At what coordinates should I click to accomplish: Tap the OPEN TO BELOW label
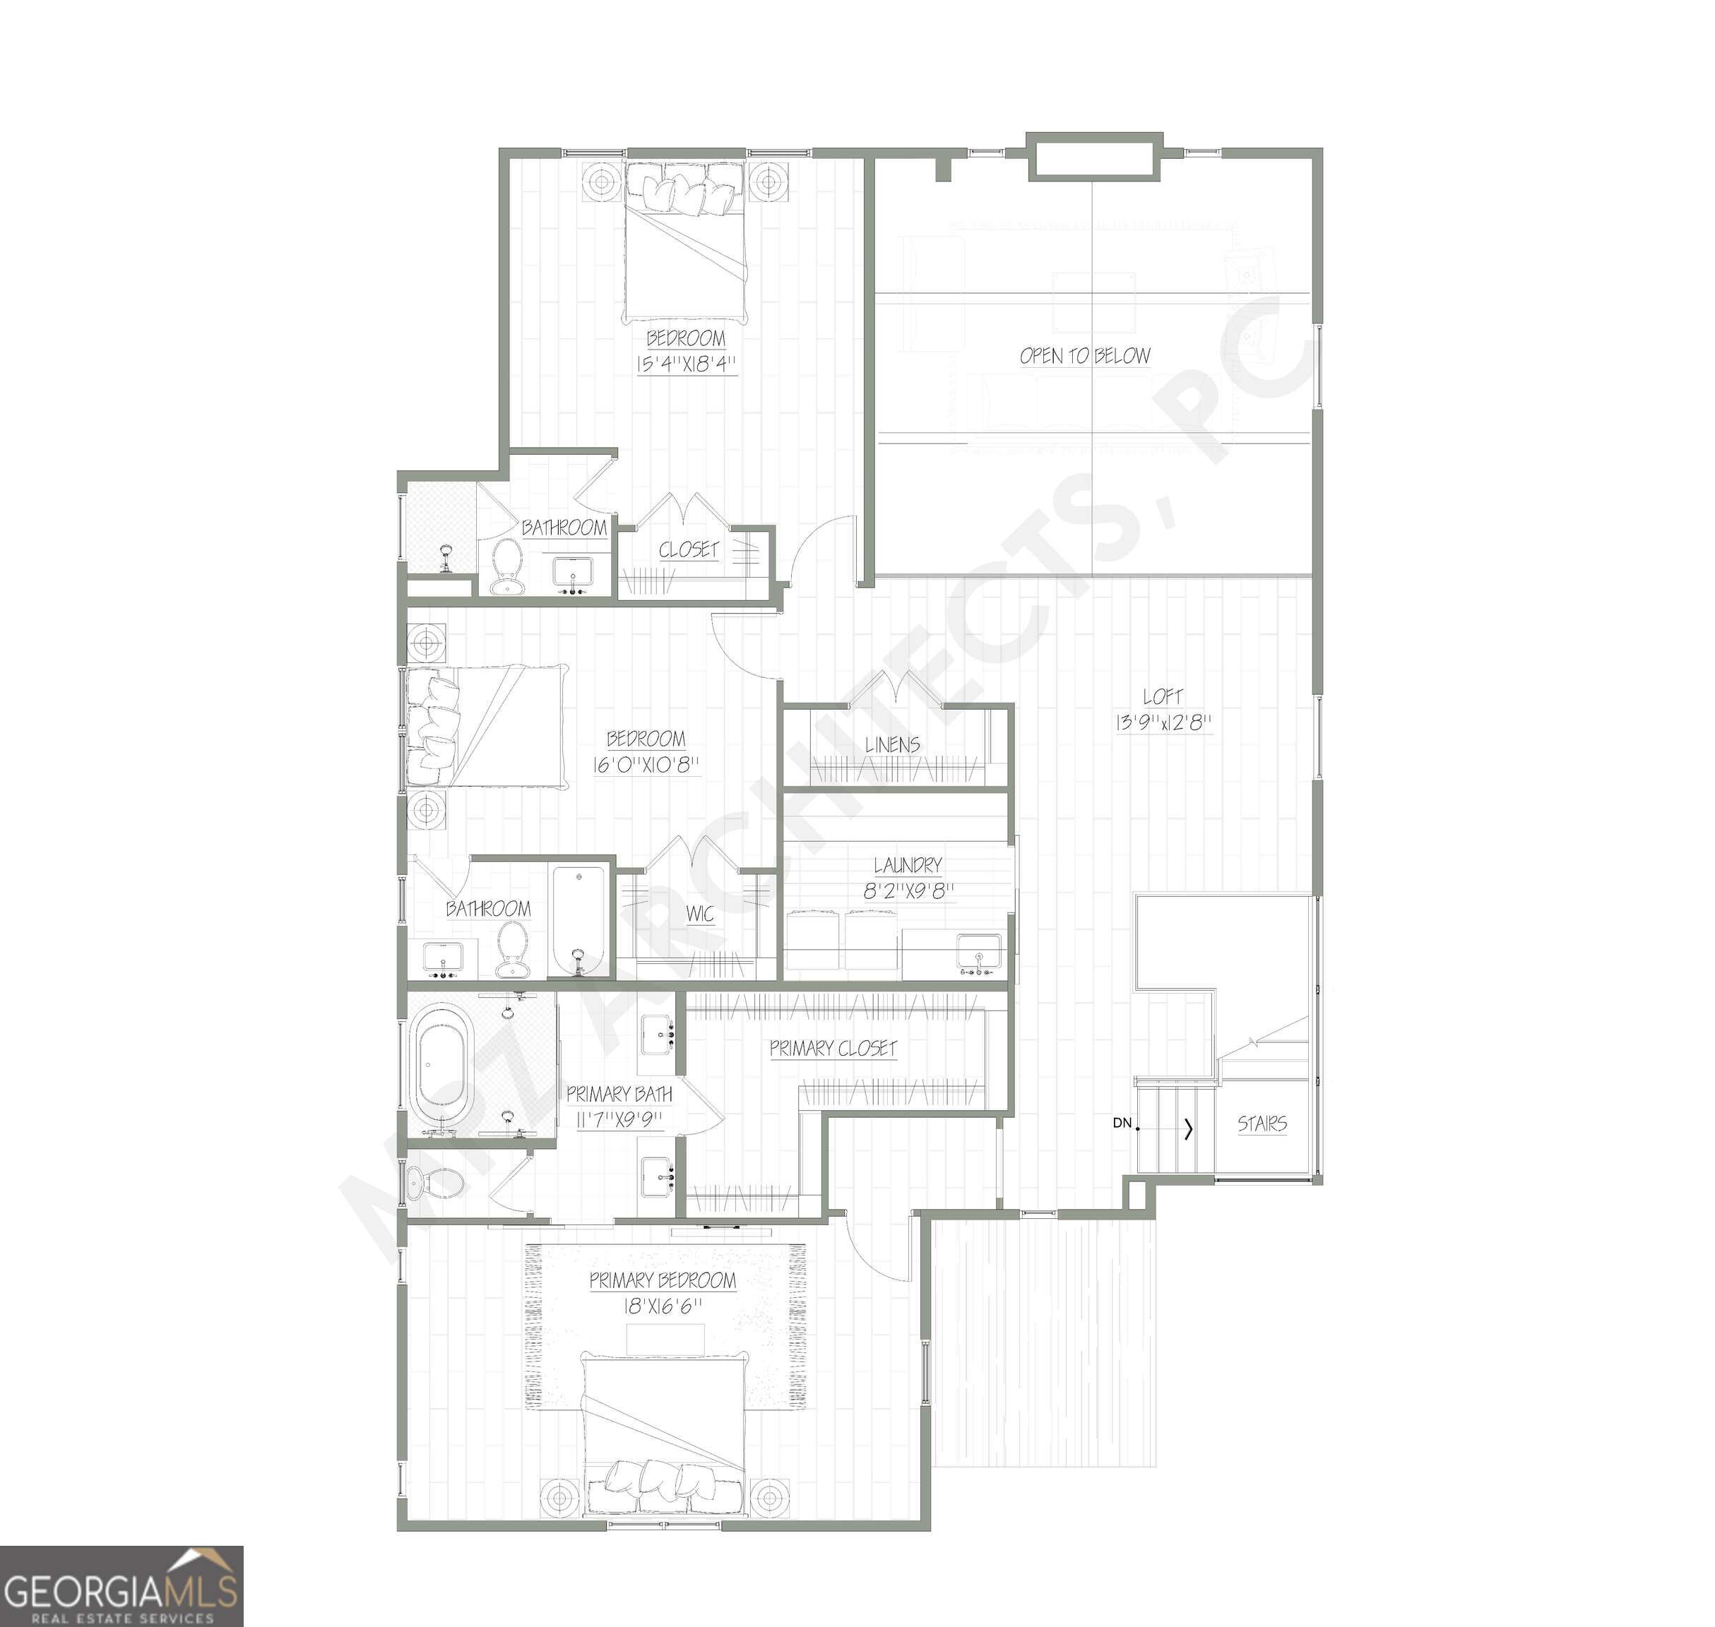click(1084, 356)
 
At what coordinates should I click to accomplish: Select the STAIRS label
click(1262, 1124)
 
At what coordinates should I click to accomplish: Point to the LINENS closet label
click(892, 745)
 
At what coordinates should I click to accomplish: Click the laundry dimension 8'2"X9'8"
click(908, 890)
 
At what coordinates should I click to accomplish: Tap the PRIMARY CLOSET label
click(833, 1049)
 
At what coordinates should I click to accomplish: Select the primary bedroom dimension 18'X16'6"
click(662, 1306)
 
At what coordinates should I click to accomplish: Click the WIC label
click(699, 914)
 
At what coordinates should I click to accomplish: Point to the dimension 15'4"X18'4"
click(685, 364)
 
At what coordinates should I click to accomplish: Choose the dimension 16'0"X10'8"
click(646, 764)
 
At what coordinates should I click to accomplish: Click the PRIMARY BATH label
click(619, 1095)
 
